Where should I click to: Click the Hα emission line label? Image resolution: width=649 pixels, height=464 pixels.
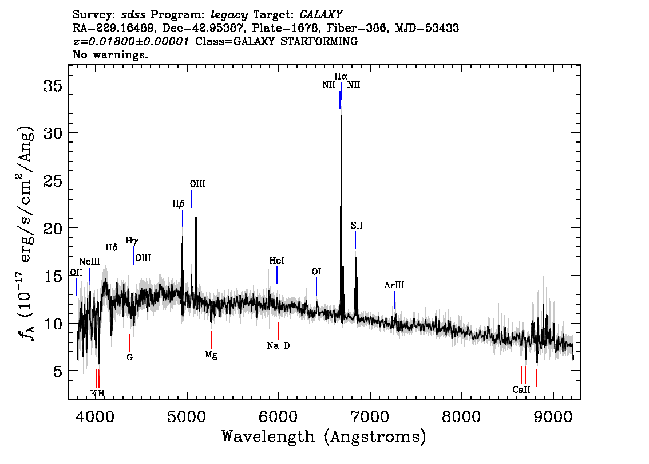click(x=341, y=76)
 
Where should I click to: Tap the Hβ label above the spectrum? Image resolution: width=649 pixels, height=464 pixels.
click(x=179, y=203)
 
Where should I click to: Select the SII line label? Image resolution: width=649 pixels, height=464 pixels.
click(x=357, y=226)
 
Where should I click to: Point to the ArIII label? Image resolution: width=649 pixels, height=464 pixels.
click(x=394, y=285)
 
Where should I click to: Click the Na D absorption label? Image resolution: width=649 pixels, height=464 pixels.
click(x=278, y=345)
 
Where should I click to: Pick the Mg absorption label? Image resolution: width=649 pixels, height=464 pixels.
click(x=211, y=355)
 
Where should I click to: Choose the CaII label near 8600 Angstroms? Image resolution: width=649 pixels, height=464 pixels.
click(x=521, y=390)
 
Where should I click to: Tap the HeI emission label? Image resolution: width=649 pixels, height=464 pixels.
click(x=276, y=261)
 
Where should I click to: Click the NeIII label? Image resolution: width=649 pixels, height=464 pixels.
click(x=90, y=261)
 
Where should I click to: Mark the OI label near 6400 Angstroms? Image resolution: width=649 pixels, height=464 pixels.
click(x=316, y=272)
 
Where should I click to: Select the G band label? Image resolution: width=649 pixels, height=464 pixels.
click(x=130, y=357)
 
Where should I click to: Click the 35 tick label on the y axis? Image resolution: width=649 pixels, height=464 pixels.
click(x=53, y=85)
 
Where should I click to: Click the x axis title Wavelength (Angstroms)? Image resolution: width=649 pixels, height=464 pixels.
click(x=324, y=437)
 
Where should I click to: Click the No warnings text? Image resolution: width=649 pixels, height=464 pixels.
click(x=110, y=55)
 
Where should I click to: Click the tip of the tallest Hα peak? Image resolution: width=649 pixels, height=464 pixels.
click(x=341, y=115)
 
